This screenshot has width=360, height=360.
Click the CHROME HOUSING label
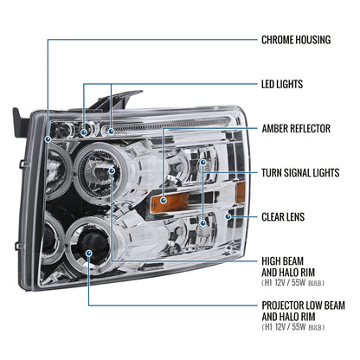pos(296,40)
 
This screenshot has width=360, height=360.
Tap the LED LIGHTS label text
pos(282,84)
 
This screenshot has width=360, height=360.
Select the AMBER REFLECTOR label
pos(296,128)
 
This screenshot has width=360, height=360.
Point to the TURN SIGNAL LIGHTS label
pos(300,173)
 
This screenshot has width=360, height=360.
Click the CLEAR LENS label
pos(283,217)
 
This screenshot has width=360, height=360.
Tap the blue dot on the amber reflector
pos(164,200)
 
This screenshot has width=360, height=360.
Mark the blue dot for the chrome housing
pos(48,139)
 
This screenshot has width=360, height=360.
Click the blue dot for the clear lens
pos(228,216)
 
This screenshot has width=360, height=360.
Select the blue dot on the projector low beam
pos(88,254)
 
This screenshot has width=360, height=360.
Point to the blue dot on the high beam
pos(112,171)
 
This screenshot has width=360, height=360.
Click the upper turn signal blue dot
pos(203,163)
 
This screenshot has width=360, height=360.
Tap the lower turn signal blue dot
pos(203,222)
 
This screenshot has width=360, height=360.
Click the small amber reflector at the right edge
pos(241,192)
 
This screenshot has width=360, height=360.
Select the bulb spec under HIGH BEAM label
pos(292,283)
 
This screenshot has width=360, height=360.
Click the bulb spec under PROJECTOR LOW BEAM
pos(293,327)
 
